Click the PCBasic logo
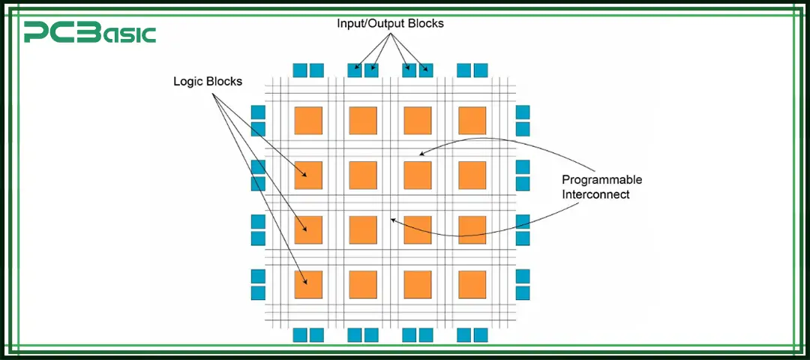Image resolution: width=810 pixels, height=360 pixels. click(89, 33)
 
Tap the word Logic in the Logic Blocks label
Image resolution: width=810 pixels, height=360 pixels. click(187, 82)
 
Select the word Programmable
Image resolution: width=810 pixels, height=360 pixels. click(602, 180)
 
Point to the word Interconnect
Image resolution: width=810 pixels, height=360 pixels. click(596, 194)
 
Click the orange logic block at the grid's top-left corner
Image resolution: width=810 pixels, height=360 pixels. click(308, 121)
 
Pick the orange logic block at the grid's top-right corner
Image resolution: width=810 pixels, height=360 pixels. click(472, 121)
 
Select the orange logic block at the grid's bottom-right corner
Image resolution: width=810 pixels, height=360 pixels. click(472, 284)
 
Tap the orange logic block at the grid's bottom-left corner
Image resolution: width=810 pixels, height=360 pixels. click(308, 284)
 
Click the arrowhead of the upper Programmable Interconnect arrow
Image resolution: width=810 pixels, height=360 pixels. click(420, 154)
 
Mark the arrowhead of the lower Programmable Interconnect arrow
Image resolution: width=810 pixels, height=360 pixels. click(392, 220)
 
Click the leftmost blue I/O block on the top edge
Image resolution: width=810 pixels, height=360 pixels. click(300, 70)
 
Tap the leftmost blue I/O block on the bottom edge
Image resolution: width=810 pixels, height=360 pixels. click(300, 334)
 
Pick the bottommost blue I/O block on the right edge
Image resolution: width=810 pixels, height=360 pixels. click(523, 292)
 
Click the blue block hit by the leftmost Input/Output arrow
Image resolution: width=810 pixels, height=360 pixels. click(355, 70)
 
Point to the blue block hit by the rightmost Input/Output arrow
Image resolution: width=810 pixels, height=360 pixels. click(426, 70)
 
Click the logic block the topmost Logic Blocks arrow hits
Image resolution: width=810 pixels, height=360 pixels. click(308, 175)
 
